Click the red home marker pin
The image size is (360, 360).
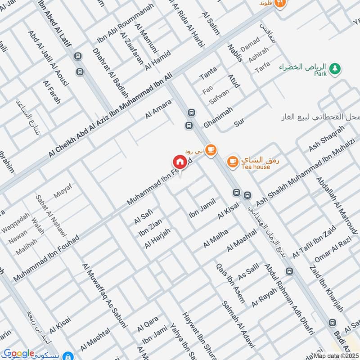pos(179,162)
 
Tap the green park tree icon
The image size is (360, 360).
pos(334,68)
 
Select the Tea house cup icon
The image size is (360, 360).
pos(232,161)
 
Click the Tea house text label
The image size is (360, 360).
pos(255,167)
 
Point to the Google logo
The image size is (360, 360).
pos(18,354)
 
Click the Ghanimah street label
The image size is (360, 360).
pos(218,117)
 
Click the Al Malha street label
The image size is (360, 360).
pos(216,238)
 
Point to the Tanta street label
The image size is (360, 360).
pos(208,72)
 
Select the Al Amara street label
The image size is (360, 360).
pos(158,109)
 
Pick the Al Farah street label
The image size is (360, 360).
pos(52,92)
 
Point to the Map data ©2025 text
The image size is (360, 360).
pos(336,356)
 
